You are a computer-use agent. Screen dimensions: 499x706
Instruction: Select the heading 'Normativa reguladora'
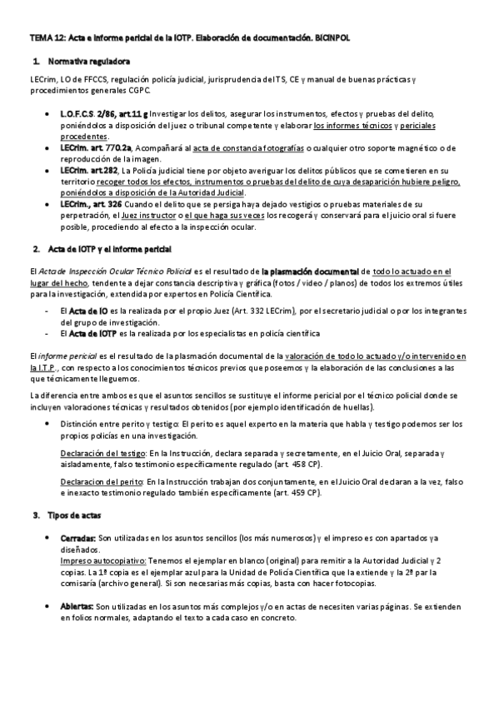(x=88, y=62)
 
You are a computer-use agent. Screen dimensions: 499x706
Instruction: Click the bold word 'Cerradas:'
(x=78, y=540)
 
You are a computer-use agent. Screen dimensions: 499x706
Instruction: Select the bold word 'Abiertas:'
(x=78, y=606)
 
